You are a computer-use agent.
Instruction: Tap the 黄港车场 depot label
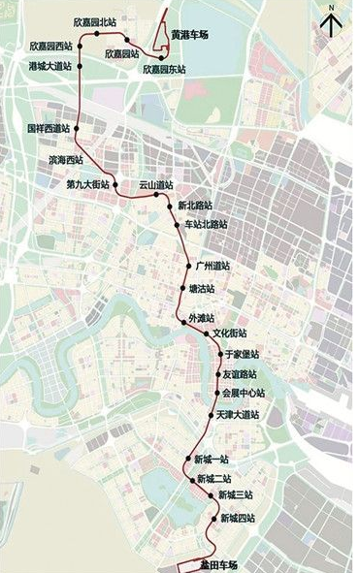(190, 35)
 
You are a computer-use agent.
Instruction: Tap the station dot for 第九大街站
(115, 183)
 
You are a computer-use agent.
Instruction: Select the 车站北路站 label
(207, 225)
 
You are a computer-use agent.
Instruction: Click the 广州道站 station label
(213, 265)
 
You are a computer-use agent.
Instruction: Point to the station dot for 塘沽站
(182, 288)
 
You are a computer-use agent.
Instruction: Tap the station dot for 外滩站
(181, 319)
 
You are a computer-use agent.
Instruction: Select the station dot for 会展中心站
(215, 393)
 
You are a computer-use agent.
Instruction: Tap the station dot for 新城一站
(187, 459)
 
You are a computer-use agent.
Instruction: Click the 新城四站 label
(238, 519)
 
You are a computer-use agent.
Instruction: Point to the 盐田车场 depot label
(216, 564)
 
